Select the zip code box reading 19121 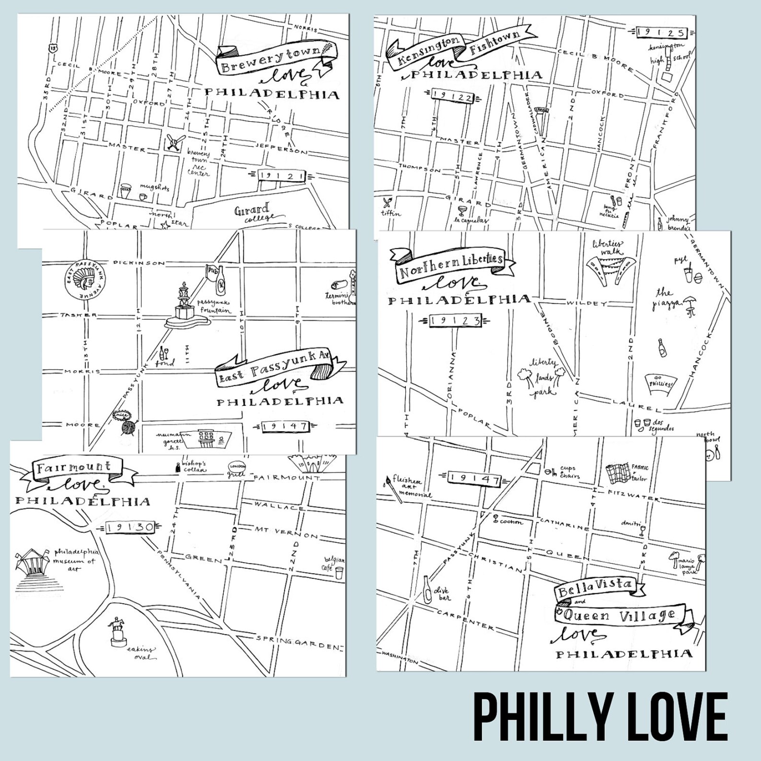tap(282, 176)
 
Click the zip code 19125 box tap(662, 33)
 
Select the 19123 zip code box tap(455, 321)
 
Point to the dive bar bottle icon tap(427, 588)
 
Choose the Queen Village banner tap(618, 615)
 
